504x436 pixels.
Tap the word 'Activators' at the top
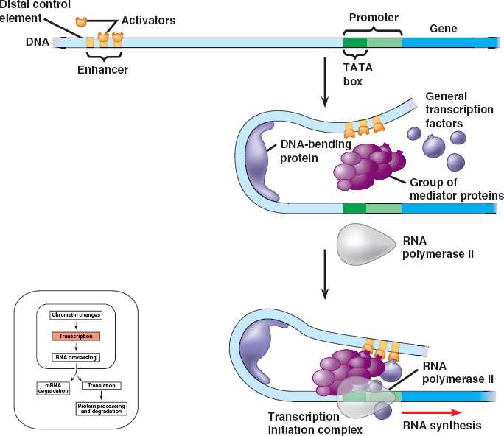click(149, 20)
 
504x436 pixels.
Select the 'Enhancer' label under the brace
click(103, 70)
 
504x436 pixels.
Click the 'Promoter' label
click(373, 16)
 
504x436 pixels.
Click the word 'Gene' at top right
click(443, 29)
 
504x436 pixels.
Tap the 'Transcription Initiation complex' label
click(304, 423)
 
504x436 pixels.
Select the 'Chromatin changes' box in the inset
click(76, 315)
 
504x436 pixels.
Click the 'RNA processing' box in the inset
click(76, 358)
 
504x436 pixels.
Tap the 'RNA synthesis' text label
click(442, 425)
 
